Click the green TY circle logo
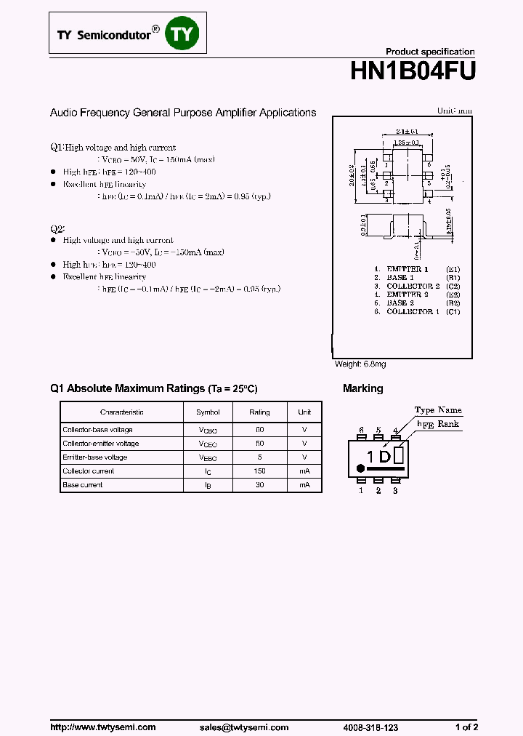[x=182, y=33]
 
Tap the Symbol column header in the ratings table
[x=208, y=412]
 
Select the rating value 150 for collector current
[x=259, y=471]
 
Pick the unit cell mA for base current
[x=304, y=485]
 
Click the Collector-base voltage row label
[x=98, y=430]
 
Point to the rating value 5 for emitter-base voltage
[x=259, y=457]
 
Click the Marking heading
[x=362, y=389]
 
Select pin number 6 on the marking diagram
[x=361, y=431]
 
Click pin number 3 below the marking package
[x=395, y=491]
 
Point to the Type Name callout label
[x=438, y=410]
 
